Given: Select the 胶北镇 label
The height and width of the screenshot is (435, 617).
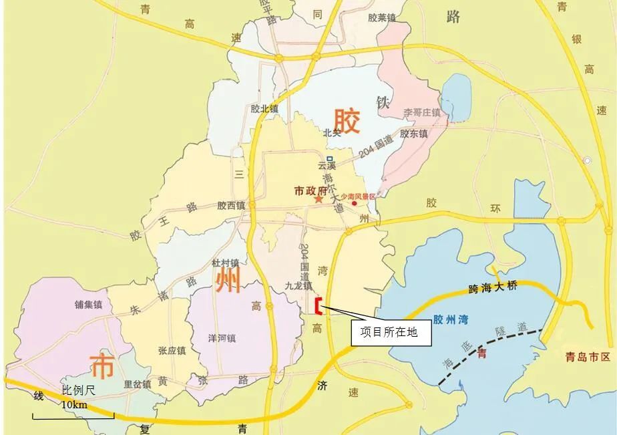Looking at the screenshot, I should (x=264, y=108).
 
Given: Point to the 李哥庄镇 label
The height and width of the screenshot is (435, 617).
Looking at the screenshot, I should (x=422, y=112).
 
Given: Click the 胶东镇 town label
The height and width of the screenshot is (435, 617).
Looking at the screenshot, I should (x=414, y=134).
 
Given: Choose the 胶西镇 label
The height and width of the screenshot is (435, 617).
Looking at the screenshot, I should (x=231, y=206).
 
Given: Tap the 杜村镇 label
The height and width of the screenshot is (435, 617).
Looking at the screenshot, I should (x=225, y=263).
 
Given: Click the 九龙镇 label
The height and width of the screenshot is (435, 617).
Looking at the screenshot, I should (x=298, y=285).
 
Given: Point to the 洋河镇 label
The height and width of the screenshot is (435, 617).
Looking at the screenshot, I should (x=222, y=338).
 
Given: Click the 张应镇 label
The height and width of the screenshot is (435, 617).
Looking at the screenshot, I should (x=172, y=351).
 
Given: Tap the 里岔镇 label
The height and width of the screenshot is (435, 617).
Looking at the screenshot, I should (x=138, y=384).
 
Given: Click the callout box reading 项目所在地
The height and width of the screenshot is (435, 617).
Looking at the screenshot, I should (x=391, y=332).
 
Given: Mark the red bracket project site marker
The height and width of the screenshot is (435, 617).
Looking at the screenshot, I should (x=319, y=305).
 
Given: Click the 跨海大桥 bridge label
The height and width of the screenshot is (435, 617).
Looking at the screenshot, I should (x=493, y=288).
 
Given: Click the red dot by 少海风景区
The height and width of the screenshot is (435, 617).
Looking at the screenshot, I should (x=355, y=203).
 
